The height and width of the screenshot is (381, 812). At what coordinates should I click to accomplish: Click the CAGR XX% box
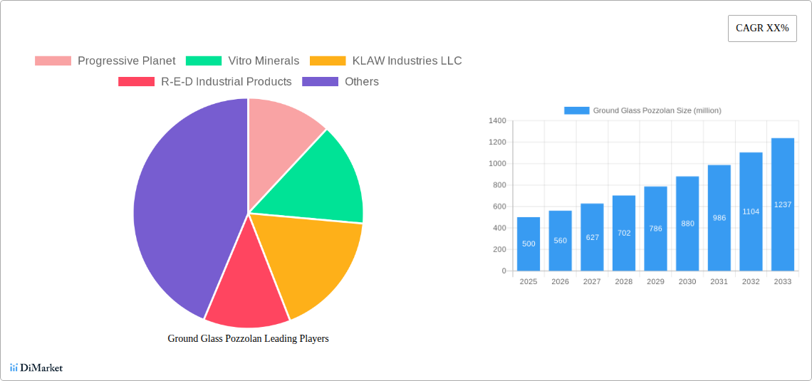tap(762, 28)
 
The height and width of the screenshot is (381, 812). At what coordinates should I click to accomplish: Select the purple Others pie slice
tap(178, 207)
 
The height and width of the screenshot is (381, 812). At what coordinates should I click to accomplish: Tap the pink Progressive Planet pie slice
tap(281, 128)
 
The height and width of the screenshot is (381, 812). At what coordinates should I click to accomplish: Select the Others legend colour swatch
tap(320, 81)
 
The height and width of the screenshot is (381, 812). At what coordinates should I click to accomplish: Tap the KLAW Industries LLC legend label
tap(407, 61)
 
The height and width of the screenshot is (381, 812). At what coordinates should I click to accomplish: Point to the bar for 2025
tap(529, 244)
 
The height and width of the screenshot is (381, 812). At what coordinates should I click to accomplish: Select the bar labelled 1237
tap(783, 204)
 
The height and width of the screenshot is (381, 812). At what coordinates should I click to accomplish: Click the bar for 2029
tap(655, 229)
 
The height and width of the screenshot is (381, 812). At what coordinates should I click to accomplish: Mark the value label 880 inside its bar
tap(687, 224)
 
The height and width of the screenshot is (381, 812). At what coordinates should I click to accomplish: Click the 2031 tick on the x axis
tap(719, 281)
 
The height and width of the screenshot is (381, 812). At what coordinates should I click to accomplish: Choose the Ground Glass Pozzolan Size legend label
tap(657, 110)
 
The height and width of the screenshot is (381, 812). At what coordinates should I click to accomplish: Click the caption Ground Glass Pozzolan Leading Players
tap(248, 338)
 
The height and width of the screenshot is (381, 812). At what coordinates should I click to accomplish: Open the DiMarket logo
tap(36, 367)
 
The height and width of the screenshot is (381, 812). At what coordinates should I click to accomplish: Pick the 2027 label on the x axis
tap(592, 281)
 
